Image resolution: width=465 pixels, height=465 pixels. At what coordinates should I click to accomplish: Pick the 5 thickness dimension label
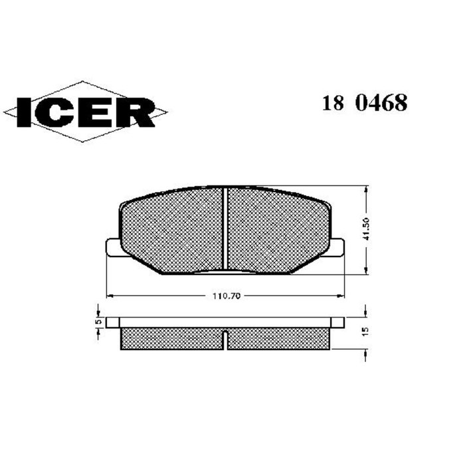pyautogui.click(x=98, y=322)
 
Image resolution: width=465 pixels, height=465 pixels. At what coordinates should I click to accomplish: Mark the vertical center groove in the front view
pyautogui.click(x=225, y=229)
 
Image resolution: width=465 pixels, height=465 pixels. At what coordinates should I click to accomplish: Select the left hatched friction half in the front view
pyautogui.click(x=173, y=229)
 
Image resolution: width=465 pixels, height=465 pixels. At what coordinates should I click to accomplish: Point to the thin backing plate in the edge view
pyautogui.click(x=226, y=322)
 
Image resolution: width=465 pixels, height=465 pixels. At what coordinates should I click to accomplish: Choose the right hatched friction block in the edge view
pyautogui.click(x=279, y=338)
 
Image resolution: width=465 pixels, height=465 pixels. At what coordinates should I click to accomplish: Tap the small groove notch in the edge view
pyautogui.click(x=225, y=332)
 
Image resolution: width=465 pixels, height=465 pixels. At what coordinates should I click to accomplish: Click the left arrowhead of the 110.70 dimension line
pyautogui.click(x=110, y=294)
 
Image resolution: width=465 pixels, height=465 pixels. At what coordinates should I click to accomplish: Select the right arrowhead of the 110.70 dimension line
pyautogui.click(x=341, y=294)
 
